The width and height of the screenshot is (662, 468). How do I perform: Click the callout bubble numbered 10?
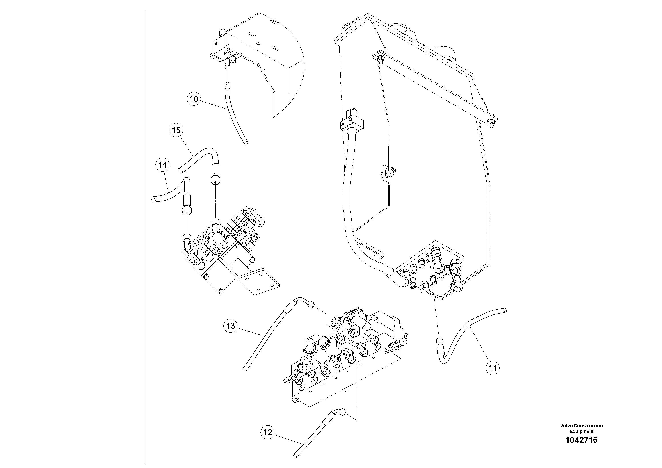pos(194,99)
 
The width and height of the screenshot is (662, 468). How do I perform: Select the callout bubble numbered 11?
pos(493,368)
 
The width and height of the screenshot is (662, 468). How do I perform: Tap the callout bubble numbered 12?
pos(268,440)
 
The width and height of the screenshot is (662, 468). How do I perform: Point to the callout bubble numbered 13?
pos(231,326)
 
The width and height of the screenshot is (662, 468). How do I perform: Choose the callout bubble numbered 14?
pos(163,165)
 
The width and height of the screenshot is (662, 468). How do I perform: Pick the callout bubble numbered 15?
pos(176,130)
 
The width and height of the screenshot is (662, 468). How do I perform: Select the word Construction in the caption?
pos(588,434)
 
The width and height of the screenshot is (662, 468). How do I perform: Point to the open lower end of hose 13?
pos(245,369)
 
